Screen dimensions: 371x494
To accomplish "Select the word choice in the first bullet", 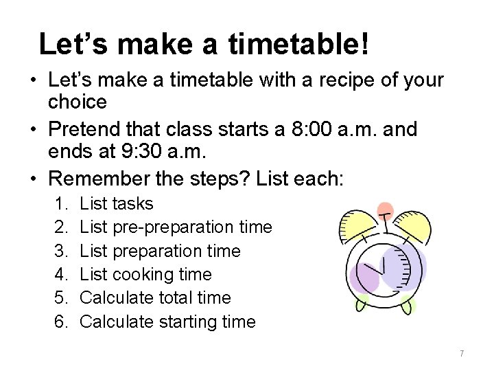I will pyautogui.click(x=78, y=102).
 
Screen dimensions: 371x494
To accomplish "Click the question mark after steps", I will pyautogui.click(x=246, y=179).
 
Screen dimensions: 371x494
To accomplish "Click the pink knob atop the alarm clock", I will pyautogui.click(x=386, y=209).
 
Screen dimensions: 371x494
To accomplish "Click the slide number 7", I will pyautogui.click(x=462, y=353).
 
